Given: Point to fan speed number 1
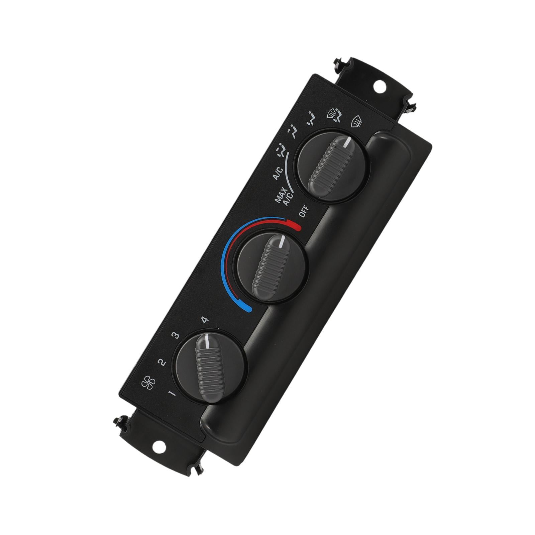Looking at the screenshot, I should (173, 394).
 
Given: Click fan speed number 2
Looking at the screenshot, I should (162, 362).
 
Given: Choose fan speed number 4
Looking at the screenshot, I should (205, 320).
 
